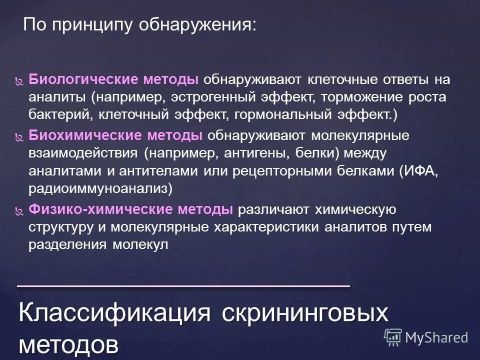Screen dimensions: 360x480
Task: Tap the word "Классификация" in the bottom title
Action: pos(114,313)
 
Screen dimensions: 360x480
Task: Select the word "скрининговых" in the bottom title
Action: pos(305,313)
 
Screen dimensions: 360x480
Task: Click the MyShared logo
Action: pos(425,337)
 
